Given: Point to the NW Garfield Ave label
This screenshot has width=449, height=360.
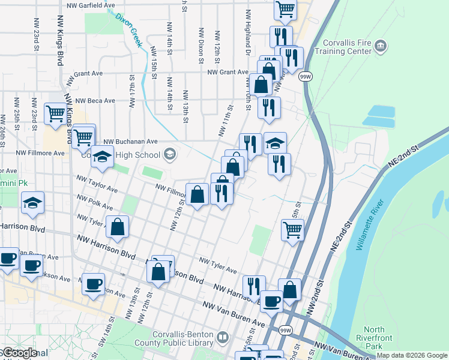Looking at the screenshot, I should coord(91,5).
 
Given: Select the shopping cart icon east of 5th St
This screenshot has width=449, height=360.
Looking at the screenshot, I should coord(292,229).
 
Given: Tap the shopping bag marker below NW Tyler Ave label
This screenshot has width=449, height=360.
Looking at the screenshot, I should coord(118,227).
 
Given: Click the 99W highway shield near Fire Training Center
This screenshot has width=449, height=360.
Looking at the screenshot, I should coord(305,77).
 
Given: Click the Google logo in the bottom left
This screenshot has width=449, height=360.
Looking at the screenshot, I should coord(20,353).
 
